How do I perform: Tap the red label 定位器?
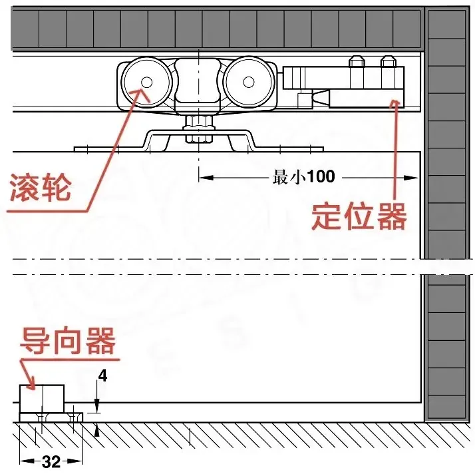click(359, 216)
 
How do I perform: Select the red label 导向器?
click(68, 342)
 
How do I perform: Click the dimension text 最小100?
click(304, 177)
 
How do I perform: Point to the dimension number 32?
click(51, 461)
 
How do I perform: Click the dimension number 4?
click(102, 376)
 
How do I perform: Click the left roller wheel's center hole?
click(145, 82)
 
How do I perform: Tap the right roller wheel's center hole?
click(249, 82)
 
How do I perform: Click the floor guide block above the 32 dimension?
click(42, 398)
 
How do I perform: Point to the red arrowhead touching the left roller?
click(141, 90)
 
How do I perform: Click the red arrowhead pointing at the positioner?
click(398, 101)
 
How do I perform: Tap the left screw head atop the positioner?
click(357, 63)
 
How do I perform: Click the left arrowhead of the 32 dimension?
click(24, 461)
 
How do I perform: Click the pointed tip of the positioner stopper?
click(328, 98)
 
